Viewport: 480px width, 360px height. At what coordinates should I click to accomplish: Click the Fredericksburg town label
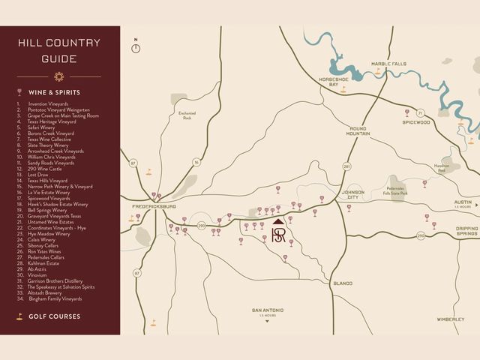coord(154,205)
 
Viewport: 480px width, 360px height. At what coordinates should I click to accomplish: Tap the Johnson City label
coord(352,194)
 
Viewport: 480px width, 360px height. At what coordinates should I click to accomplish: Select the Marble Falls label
coord(388,64)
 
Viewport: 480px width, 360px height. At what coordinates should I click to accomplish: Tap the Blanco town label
coord(342,283)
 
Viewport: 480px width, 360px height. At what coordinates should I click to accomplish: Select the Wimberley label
coord(450,319)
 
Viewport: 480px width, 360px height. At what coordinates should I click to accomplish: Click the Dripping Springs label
coord(466,232)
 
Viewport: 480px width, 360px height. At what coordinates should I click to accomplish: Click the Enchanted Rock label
coord(186,115)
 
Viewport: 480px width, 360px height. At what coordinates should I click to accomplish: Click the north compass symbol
coord(136,46)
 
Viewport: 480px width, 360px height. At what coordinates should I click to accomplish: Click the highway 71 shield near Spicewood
coord(421,112)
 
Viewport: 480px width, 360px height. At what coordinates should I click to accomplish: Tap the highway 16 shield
coord(196,161)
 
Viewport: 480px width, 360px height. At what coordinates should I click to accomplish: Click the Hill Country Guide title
coord(59,50)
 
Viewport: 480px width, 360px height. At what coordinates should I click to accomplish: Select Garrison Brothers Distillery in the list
coord(55,280)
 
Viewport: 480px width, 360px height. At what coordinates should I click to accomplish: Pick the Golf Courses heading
coord(54,316)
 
